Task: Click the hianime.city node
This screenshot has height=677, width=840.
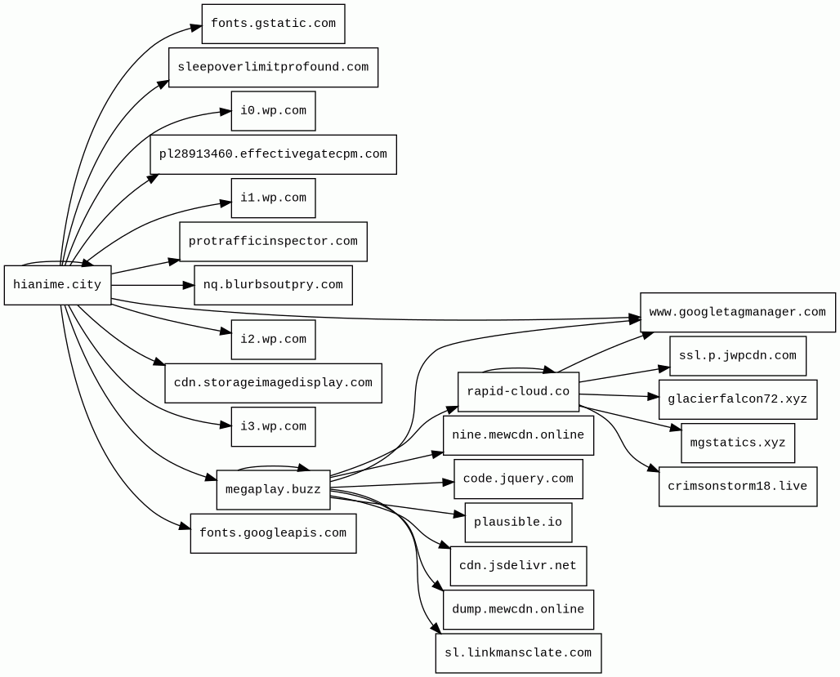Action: [x=57, y=285]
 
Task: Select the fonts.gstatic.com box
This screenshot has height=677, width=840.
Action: [x=273, y=24]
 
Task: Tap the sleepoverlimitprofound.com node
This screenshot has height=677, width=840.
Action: [x=273, y=67]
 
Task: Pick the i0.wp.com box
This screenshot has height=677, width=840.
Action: [x=273, y=111]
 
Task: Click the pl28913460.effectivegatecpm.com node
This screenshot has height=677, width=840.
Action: [x=273, y=154]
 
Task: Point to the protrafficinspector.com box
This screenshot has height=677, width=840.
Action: [x=273, y=242]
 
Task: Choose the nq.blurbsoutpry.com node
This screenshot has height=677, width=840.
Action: [x=273, y=285]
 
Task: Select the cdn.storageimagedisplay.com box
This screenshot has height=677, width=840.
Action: [x=273, y=383]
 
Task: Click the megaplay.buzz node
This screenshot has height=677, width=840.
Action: [x=273, y=490]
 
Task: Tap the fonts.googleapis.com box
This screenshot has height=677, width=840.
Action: [x=273, y=533]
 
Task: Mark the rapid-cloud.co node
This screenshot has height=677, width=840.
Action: [x=518, y=392]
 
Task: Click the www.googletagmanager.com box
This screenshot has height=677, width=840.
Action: [x=737, y=312]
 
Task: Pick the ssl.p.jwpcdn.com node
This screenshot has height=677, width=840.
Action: [x=737, y=356]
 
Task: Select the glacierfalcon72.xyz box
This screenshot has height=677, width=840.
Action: [x=737, y=399]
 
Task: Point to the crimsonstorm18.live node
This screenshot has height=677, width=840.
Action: [x=737, y=487]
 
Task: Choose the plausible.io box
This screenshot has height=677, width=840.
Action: [x=518, y=523]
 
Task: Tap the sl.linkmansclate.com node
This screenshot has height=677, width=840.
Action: [x=518, y=653]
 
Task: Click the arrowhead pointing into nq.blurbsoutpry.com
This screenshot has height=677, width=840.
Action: [x=189, y=285]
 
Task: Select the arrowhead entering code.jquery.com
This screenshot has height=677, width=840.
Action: [x=449, y=483]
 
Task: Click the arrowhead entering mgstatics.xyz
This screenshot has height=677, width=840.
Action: [x=676, y=427]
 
